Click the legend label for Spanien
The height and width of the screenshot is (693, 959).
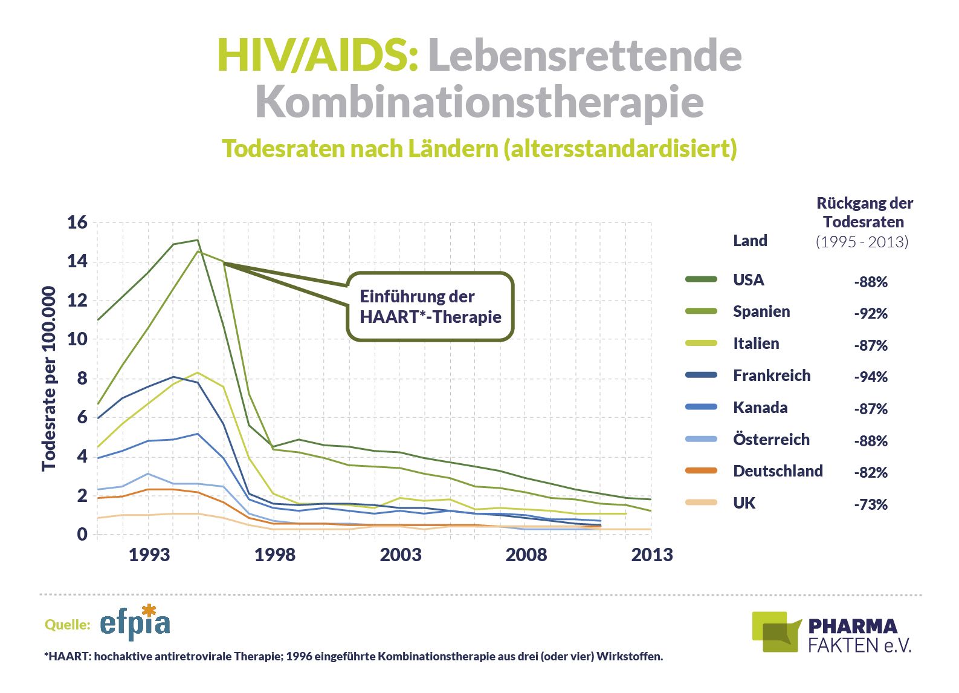click(761, 311)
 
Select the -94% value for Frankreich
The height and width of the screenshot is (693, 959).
click(870, 377)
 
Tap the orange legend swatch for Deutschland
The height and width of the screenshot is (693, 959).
click(701, 470)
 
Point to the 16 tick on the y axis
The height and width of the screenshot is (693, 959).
click(77, 223)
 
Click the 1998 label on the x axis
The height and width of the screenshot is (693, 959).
click(275, 555)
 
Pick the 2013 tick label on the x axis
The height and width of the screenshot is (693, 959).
click(651, 555)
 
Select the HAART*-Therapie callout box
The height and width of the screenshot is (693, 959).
click(430, 307)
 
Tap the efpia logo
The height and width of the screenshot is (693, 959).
click(135, 623)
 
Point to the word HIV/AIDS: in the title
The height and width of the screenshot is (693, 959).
click(318, 55)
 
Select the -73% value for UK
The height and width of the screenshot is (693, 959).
click(870, 505)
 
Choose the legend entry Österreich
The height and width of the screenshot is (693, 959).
click(771, 440)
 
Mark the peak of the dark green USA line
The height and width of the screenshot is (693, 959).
click(198, 240)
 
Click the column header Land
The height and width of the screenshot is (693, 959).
click(750, 241)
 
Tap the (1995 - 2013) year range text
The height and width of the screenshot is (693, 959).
click(862, 242)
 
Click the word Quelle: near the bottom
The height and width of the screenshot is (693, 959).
click(67, 625)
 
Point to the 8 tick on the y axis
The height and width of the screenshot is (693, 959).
click(82, 379)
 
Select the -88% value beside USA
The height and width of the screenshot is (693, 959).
click(870, 282)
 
